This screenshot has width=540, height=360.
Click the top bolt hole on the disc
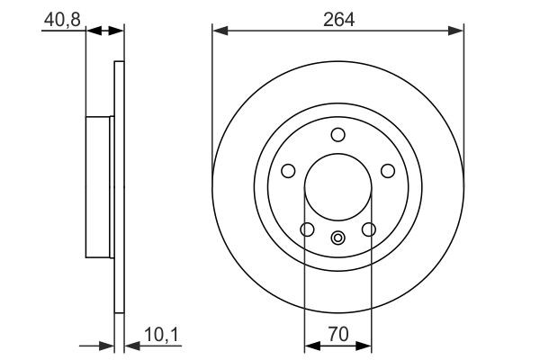point(337,135)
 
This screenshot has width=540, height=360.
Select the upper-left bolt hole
point(288,171)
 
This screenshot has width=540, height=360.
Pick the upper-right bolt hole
point(388,171)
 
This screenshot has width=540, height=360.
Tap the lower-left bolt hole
point(307,229)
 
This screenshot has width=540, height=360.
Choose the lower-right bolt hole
point(368,229)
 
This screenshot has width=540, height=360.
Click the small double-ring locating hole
point(337,238)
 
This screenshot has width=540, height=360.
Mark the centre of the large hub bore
point(337,187)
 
